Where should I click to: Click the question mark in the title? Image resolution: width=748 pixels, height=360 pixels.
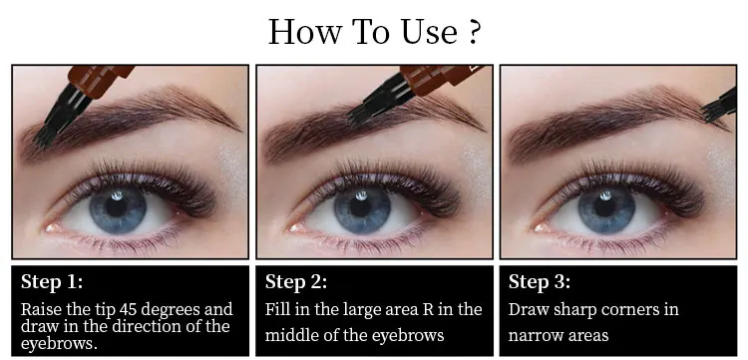(x=473, y=32)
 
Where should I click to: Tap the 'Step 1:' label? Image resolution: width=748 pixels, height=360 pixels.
(x=52, y=282)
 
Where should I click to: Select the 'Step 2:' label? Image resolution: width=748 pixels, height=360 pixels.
(x=296, y=282)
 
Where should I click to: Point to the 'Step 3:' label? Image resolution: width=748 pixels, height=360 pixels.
(x=539, y=282)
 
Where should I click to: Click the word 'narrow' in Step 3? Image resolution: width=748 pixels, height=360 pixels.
(x=531, y=335)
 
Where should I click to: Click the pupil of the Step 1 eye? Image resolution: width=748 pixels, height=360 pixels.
(x=117, y=205)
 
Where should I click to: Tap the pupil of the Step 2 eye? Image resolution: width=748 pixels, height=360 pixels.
(x=361, y=205)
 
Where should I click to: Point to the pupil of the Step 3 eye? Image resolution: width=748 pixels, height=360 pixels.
(x=605, y=205)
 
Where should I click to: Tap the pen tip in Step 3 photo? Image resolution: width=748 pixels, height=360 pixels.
(x=719, y=106)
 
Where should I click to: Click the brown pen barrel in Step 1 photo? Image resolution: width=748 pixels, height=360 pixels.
(x=101, y=79)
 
